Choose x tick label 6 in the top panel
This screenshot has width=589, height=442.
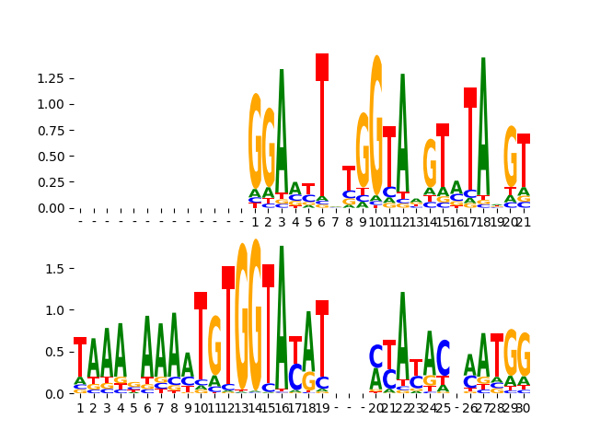point(322,222)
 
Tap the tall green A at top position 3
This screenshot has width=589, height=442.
point(282,129)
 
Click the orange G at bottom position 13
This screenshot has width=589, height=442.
point(241,318)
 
